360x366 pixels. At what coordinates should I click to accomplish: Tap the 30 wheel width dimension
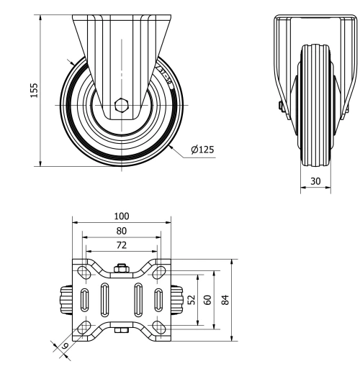(315, 181)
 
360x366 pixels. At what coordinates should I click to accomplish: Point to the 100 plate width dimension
(121, 216)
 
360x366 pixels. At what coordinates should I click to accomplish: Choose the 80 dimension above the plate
(121, 231)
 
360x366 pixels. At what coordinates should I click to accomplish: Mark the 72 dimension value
(120, 246)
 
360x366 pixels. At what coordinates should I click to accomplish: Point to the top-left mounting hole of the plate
(84, 272)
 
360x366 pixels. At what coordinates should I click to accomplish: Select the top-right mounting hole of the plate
(159, 272)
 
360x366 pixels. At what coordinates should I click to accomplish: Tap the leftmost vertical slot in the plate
(85, 299)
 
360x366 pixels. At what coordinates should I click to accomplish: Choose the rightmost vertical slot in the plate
(158, 299)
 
